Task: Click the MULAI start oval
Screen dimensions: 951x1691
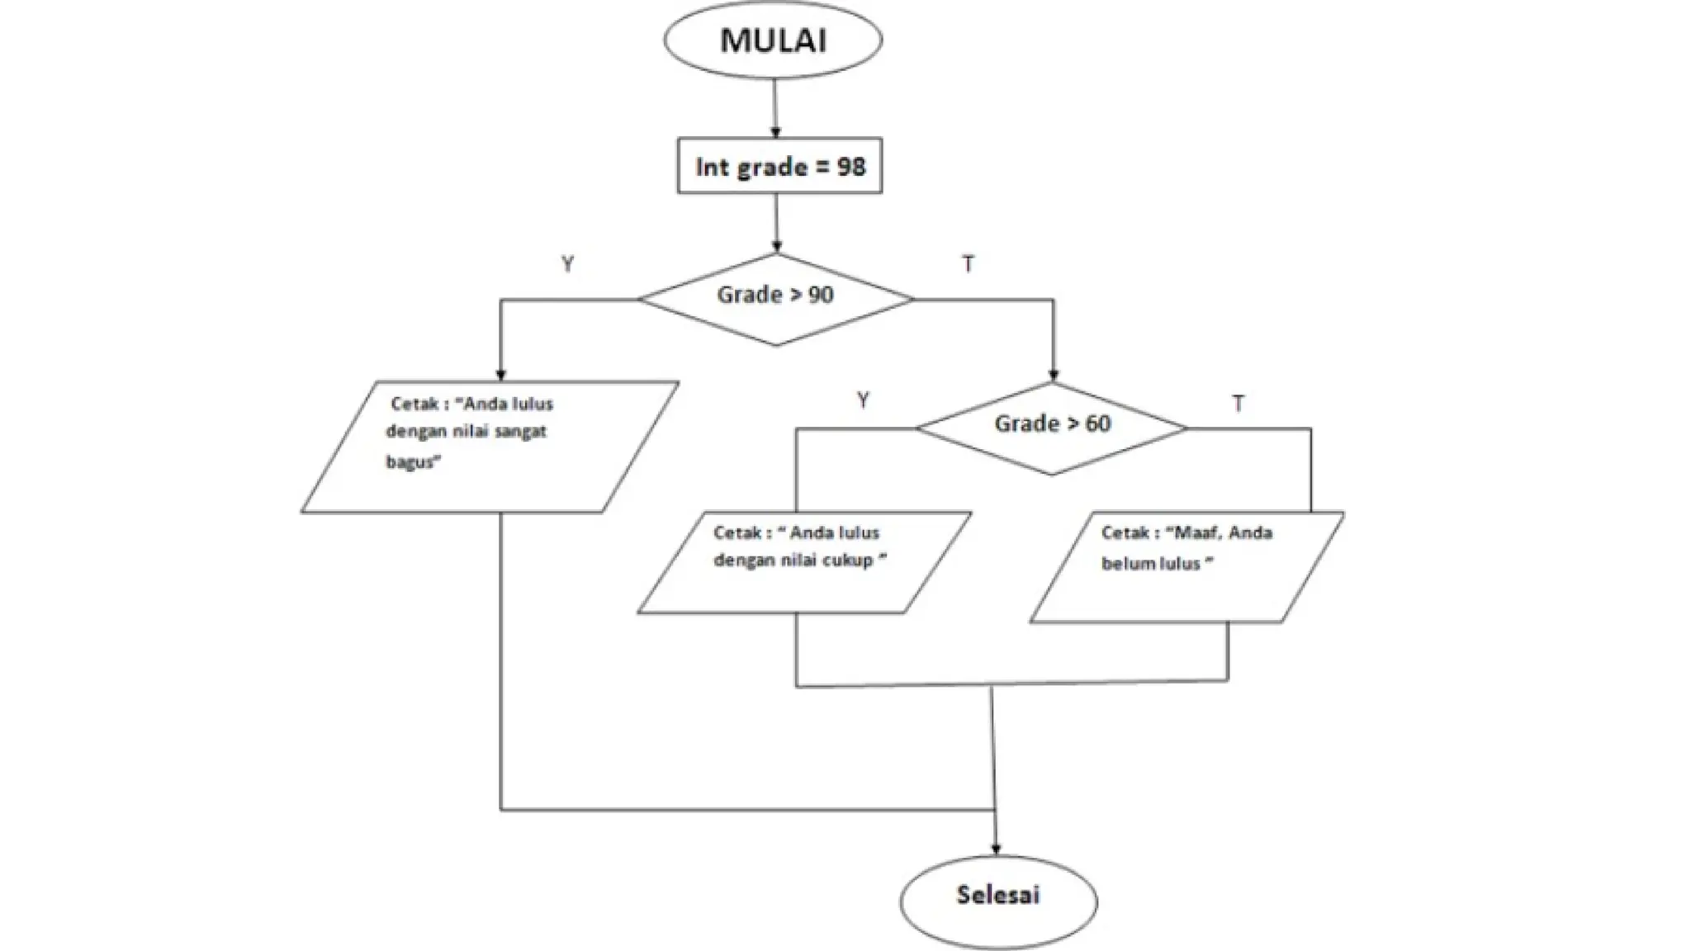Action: pos(773,40)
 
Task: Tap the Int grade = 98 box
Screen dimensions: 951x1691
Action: pos(779,166)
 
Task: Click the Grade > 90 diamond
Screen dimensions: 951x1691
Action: pos(775,298)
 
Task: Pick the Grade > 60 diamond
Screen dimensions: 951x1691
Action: pos(1051,428)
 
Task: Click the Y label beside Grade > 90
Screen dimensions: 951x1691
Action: pos(567,264)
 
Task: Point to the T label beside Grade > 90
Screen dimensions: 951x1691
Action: pos(968,264)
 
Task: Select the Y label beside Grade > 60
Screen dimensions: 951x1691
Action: pos(863,401)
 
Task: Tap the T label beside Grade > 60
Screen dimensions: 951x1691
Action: pos(1238,404)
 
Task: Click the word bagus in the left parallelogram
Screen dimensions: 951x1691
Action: pos(410,461)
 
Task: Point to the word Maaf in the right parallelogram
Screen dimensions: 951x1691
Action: pos(1197,532)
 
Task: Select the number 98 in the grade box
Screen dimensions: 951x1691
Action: pos(850,167)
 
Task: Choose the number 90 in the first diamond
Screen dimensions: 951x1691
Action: pos(820,295)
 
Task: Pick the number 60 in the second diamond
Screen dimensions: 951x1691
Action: pos(1097,423)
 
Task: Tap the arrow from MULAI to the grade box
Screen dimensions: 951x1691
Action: pos(774,107)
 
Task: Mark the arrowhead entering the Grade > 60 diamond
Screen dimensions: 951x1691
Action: pos(1053,376)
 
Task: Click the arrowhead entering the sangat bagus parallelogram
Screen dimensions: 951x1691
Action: pos(500,374)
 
